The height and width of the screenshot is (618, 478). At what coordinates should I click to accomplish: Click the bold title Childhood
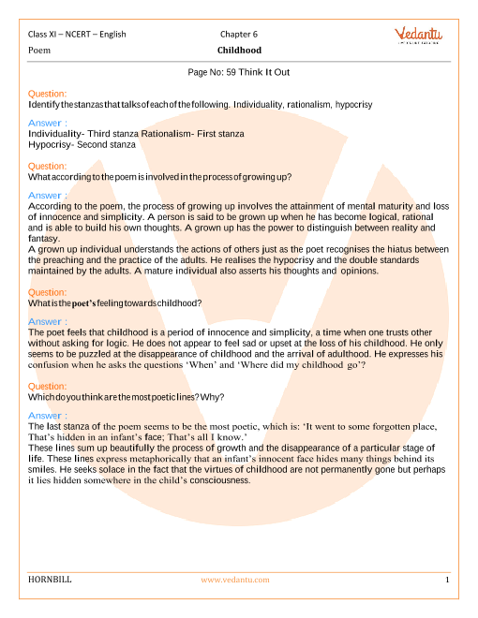pyautogui.click(x=239, y=50)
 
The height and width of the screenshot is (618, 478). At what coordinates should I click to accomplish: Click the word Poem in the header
pyautogui.click(x=40, y=50)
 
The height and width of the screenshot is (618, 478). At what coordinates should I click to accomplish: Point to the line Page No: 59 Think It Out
pyautogui.click(x=239, y=71)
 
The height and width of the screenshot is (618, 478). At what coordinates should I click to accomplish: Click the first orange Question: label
pyautogui.click(x=48, y=94)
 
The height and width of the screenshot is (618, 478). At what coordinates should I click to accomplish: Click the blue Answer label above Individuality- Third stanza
pyautogui.click(x=48, y=123)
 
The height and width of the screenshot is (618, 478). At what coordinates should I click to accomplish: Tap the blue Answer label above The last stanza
pyautogui.click(x=48, y=415)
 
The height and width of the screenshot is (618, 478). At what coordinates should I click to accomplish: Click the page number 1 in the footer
pyautogui.click(x=448, y=580)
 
